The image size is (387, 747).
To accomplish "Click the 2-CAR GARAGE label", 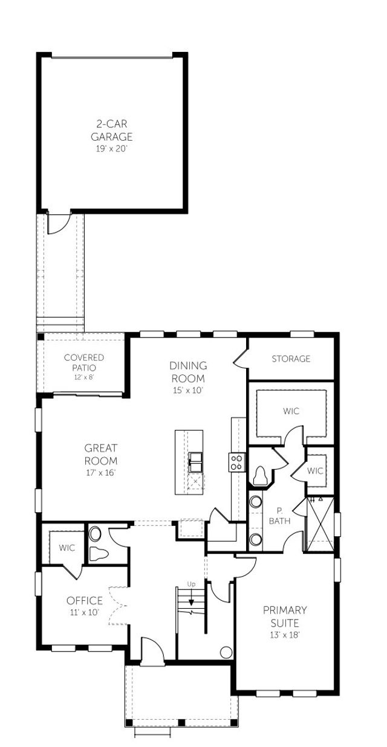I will click(112, 130).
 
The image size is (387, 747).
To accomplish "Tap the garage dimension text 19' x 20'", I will click(112, 147).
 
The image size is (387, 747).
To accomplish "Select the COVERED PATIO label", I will click(84, 362).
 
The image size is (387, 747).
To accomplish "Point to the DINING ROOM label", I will click(187, 372).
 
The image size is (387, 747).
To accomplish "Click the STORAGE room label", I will click(291, 359).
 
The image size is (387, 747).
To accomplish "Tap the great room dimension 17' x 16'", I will click(100, 472).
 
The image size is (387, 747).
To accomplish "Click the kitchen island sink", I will click(195, 463).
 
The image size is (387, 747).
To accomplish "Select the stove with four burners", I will click(237, 463).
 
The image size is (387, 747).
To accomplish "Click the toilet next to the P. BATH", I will click(261, 476).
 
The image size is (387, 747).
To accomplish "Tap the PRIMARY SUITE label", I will click(285, 616).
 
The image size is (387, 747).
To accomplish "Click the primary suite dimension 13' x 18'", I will click(285, 635).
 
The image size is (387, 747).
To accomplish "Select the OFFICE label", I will click(84, 601).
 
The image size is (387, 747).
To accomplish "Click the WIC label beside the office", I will click(67, 548).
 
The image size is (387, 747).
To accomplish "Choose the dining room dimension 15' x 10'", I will click(187, 390).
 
